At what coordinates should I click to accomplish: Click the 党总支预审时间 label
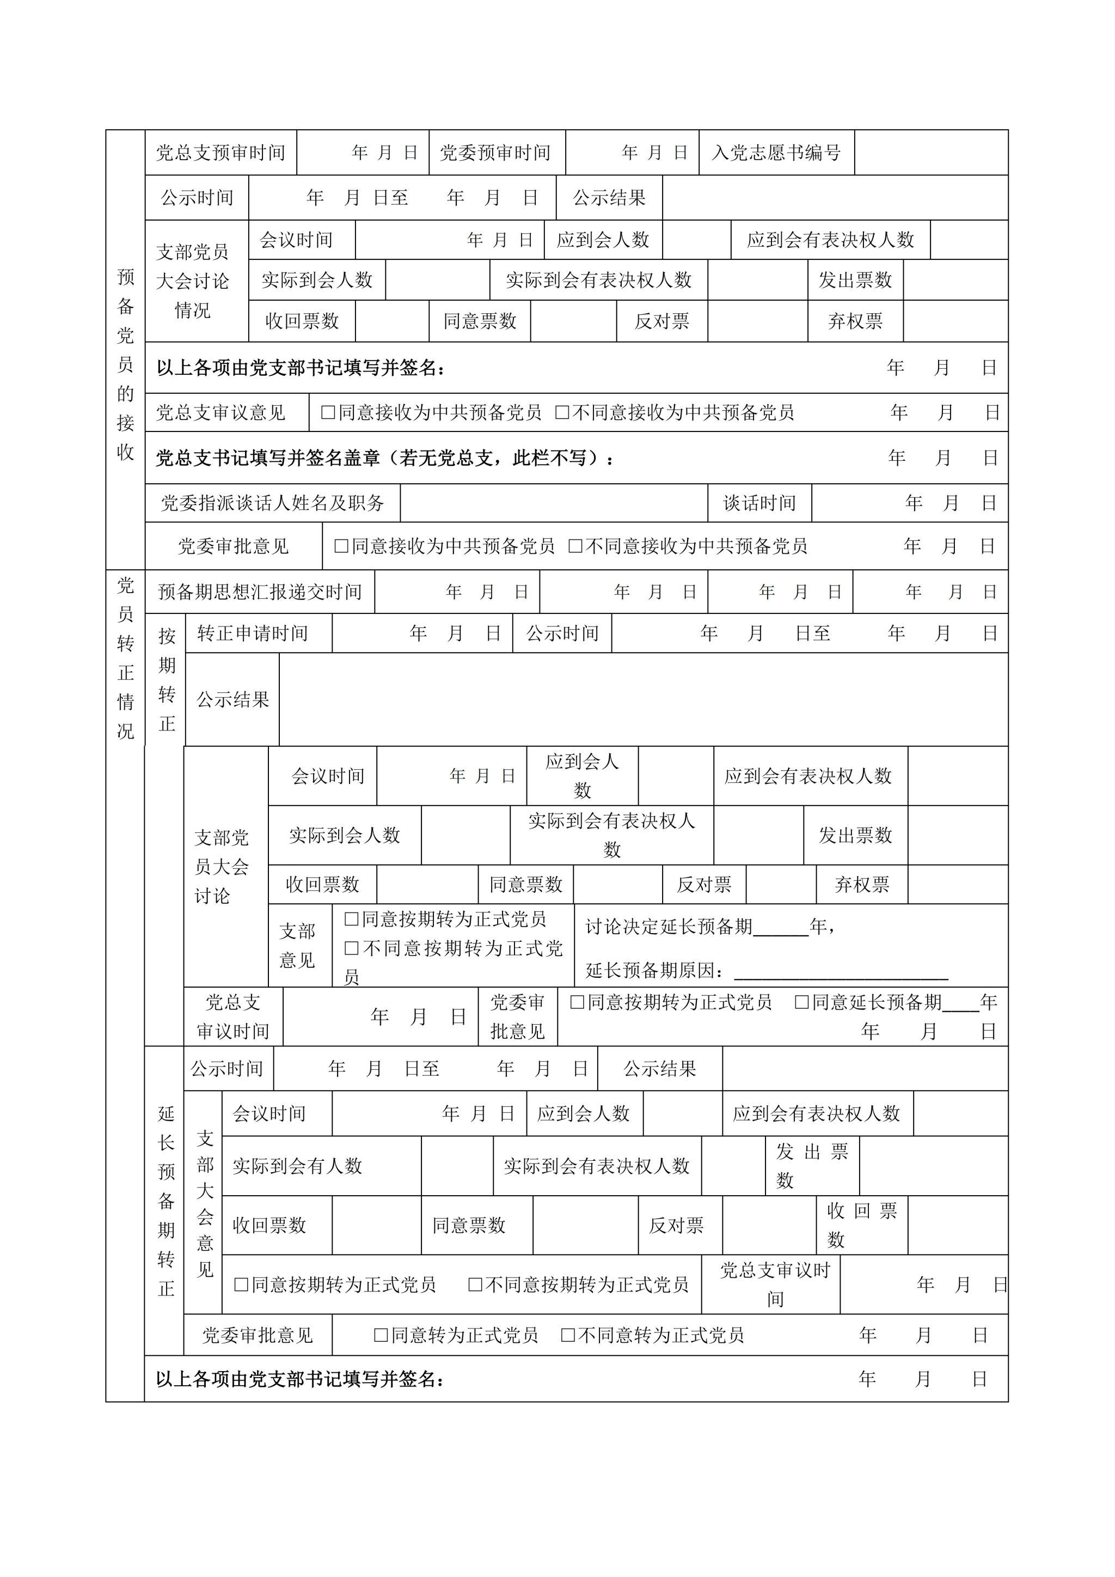[x=220, y=153]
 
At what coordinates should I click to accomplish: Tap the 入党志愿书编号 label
[x=776, y=153]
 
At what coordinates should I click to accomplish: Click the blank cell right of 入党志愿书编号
[x=930, y=153]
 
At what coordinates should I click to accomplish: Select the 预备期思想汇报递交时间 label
[x=260, y=592]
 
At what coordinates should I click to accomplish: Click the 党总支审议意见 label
[x=220, y=412]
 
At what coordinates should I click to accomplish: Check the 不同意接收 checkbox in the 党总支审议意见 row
[x=562, y=412]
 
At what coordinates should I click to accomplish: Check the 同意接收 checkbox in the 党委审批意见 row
[x=341, y=546]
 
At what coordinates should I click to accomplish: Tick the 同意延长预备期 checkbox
[x=801, y=1002]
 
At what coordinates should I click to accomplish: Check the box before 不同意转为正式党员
[x=568, y=1335]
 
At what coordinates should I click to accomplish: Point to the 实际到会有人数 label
[x=297, y=1166]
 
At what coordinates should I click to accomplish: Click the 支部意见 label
[x=297, y=945]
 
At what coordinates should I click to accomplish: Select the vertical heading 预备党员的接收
[x=125, y=364]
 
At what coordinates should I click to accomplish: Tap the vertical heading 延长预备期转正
[x=166, y=1201]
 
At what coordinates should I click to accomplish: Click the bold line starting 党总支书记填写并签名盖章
[x=384, y=458]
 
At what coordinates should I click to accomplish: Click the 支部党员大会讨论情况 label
[x=192, y=281]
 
